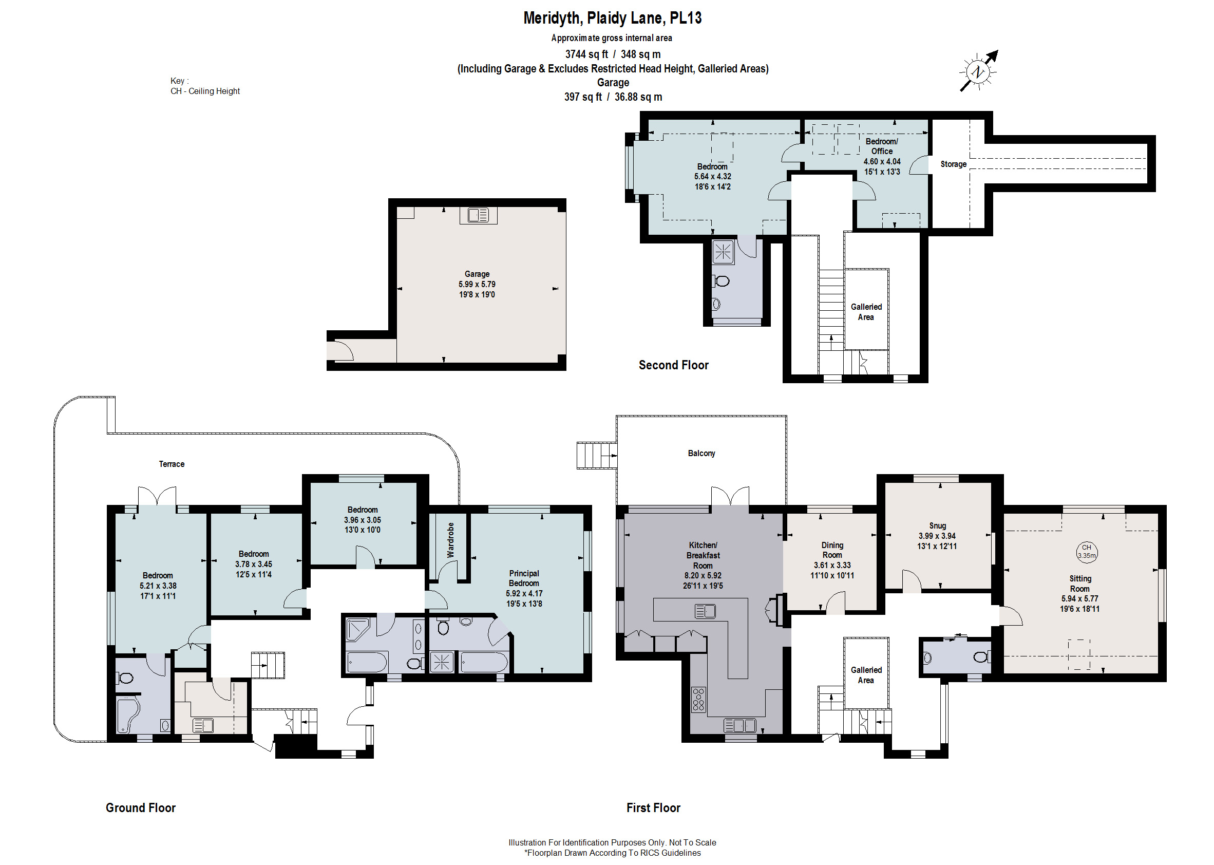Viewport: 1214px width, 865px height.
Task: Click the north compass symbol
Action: (978, 71)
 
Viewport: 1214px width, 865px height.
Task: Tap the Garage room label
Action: (477, 274)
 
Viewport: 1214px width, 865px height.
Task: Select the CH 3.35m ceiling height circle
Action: (1086, 551)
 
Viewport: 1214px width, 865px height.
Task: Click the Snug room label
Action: (937, 525)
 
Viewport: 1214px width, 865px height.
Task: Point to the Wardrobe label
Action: (450, 539)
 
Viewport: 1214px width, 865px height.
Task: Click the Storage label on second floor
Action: (953, 164)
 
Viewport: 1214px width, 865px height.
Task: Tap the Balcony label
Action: (701, 453)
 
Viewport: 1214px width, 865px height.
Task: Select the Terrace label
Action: (172, 464)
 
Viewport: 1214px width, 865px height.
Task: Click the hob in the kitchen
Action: (698, 700)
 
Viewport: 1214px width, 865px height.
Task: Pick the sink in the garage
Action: (478, 215)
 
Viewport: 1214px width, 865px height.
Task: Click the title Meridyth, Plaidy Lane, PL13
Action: (612, 18)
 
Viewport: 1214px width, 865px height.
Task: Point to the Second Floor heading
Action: (673, 365)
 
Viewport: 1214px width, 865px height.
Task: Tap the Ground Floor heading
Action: (141, 807)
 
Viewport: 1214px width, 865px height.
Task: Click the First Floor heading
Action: (653, 807)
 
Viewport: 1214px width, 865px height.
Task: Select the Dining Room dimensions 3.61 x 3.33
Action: (832, 565)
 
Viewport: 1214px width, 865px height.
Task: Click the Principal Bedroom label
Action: (524, 578)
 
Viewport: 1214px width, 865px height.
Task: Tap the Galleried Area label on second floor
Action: (866, 312)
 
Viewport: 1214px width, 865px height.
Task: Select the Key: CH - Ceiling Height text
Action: (205, 86)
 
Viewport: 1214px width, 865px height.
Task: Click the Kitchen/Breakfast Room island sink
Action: (705, 611)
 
